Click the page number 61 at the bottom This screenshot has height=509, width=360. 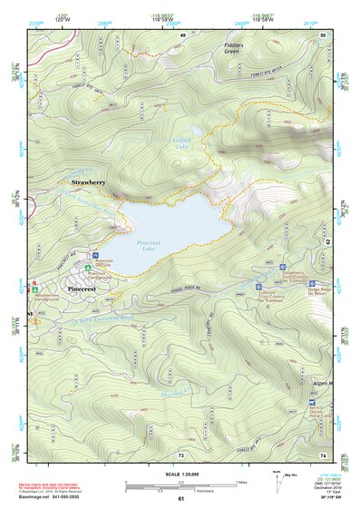click(180, 498)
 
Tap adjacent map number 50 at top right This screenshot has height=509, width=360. click(323, 34)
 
